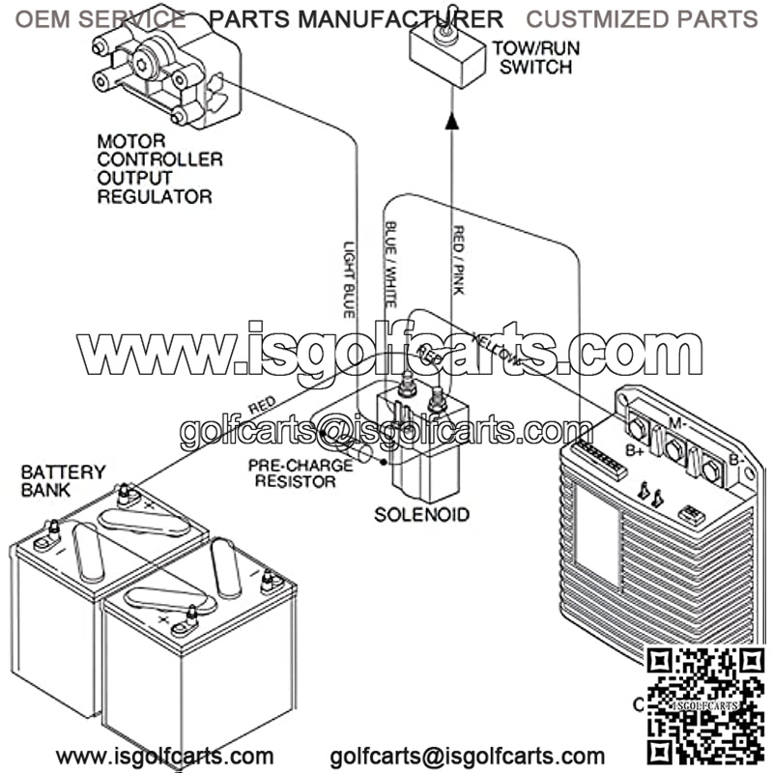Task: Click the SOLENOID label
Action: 421,513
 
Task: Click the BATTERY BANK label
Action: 64,480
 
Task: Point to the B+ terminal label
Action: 634,450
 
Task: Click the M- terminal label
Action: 677,422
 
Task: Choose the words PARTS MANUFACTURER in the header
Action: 356,18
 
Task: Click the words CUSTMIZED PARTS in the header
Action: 642,18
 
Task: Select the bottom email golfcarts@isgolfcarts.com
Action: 468,757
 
